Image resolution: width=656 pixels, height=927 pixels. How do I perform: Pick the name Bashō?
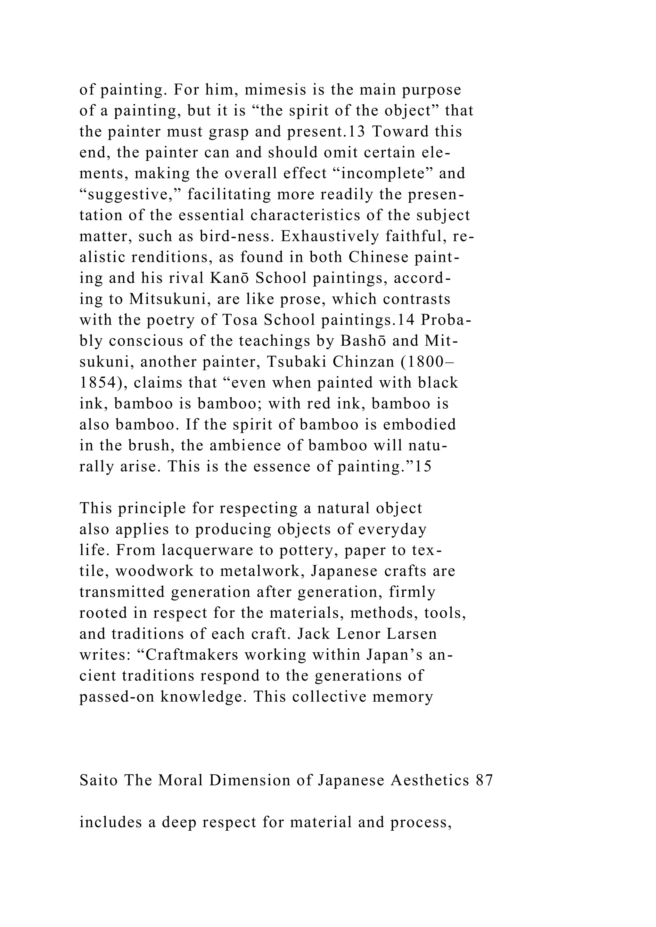point(363,341)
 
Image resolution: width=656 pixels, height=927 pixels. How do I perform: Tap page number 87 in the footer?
point(484,781)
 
